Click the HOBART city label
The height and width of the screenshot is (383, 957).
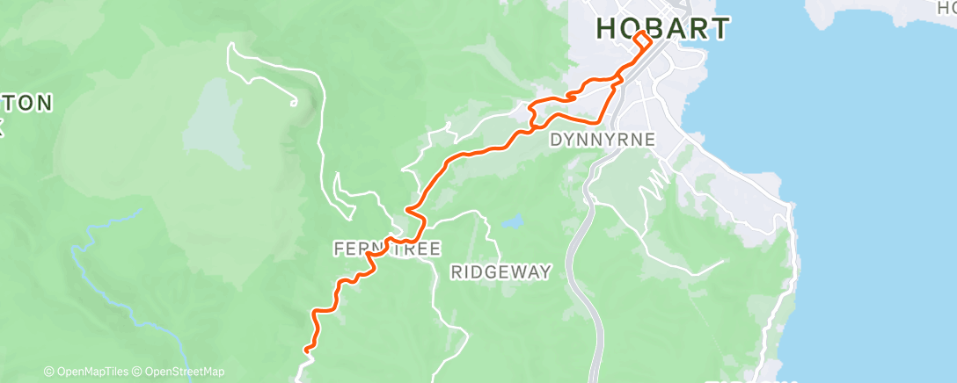pyautogui.click(x=662, y=28)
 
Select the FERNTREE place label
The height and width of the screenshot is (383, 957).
pyautogui.click(x=387, y=249)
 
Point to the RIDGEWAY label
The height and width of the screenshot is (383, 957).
pyautogui.click(x=500, y=272)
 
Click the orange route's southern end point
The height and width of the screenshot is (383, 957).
pyautogui.click(x=307, y=350)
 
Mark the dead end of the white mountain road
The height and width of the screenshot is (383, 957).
pyautogui.click(x=294, y=103)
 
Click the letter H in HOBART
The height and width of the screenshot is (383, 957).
pyautogui.click(x=606, y=28)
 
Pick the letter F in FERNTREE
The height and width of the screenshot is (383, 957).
pyautogui.click(x=340, y=249)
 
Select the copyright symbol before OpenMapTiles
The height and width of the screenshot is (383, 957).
pyautogui.click(x=48, y=372)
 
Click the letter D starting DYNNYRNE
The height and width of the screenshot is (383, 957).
pyautogui.click(x=556, y=139)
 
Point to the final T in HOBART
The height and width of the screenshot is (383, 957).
pyautogui.click(x=720, y=28)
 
